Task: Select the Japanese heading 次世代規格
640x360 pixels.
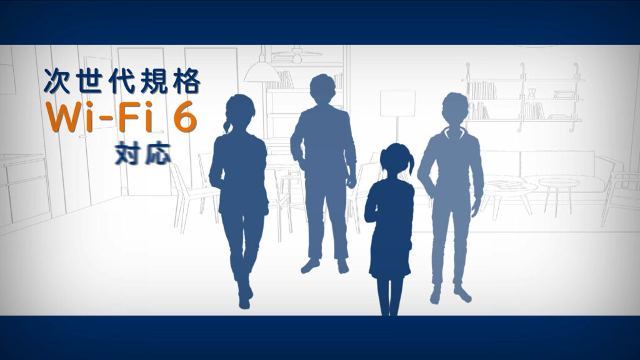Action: coord(122,81)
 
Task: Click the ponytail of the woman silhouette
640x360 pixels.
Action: coord(227,122)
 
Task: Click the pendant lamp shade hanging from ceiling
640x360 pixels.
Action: coord(262,72)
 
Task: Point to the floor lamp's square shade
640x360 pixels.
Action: coord(397,104)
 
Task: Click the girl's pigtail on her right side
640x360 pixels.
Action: coord(410,162)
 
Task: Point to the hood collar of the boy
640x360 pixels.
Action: coord(454,132)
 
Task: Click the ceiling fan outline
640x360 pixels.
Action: coord(297,54)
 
